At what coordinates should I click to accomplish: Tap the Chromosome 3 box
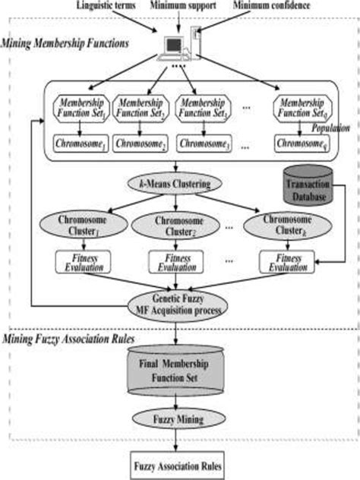(x=203, y=144)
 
